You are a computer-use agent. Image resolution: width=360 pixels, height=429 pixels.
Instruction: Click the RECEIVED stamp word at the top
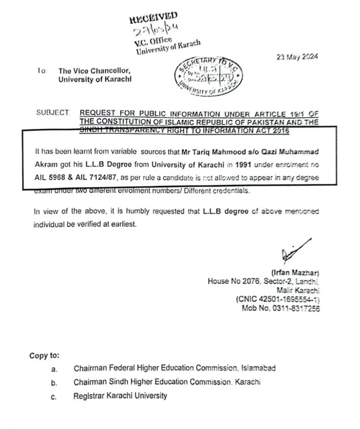(x=153, y=18)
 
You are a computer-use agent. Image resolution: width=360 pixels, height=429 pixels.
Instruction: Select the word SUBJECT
(x=53, y=113)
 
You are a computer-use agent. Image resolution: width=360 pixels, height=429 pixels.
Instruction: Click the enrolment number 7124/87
(x=103, y=178)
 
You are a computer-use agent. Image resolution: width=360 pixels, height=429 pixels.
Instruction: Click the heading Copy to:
(x=44, y=356)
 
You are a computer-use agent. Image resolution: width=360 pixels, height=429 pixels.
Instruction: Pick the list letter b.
(x=53, y=382)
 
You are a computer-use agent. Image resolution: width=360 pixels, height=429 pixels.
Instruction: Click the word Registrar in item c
(x=89, y=395)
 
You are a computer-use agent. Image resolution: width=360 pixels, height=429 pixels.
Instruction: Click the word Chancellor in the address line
(x=108, y=71)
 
